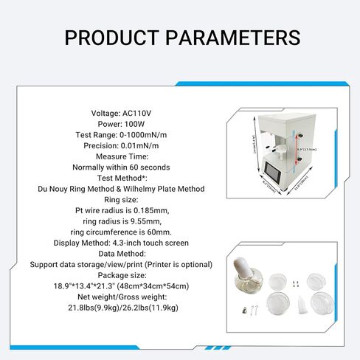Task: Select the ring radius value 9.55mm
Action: [138, 221]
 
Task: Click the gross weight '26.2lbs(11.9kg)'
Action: [146, 307]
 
